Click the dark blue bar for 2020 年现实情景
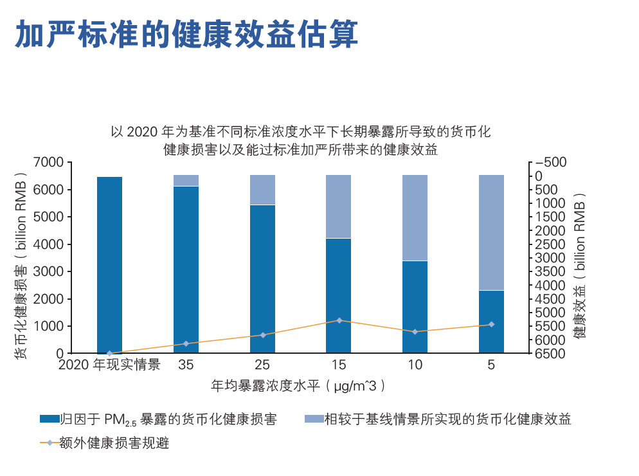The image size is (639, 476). point(109,264)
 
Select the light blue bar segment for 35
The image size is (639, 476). point(186,180)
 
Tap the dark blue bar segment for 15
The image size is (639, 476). point(339,295)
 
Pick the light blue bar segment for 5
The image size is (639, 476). point(491,232)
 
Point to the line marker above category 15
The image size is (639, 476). point(339,320)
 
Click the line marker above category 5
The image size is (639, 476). point(491,324)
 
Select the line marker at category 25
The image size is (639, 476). point(262,335)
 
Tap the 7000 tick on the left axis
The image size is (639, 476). point(51,163)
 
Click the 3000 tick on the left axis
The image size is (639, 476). point(51,272)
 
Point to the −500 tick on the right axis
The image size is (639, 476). point(551,163)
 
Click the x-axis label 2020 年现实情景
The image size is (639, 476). point(109,365)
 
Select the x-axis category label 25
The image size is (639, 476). point(262,365)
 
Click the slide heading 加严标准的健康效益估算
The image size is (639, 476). point(186,33)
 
